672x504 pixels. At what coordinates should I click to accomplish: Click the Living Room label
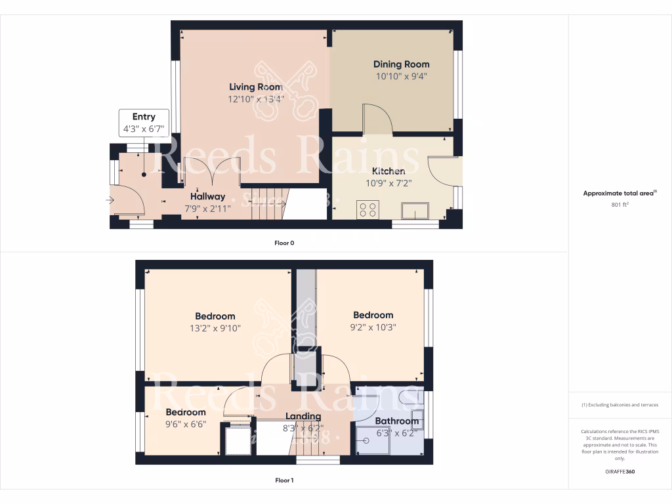[x=255, y=87]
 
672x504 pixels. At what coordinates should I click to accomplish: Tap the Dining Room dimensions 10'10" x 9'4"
[x=401, y=75]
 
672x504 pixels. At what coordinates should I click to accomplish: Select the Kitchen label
[x=388, y=171]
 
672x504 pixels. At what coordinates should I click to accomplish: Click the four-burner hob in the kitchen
[x=367, y=210]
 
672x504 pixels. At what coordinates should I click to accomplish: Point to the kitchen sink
[x=415, y=211]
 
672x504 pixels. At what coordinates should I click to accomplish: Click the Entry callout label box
[x=144, y=123]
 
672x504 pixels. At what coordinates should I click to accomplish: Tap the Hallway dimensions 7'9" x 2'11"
[x=207, y=208]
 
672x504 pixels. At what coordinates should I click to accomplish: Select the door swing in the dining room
[x=378, y=118]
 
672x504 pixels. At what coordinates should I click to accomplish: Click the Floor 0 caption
[x=284, y=243]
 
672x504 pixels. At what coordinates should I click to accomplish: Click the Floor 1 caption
[x=284, y=480]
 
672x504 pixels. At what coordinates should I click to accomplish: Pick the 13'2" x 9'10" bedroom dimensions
[x=215, y=327]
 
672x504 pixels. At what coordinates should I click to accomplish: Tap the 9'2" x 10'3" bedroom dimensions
[x=373, y=327]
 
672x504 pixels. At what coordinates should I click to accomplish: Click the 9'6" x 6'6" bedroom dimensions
[x=185, y=424]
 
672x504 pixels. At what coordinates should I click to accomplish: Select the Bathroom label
[x=396, y=421]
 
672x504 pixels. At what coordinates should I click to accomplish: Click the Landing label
[x=303, y=416]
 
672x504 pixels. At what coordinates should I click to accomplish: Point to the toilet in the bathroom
[x=410, y=397]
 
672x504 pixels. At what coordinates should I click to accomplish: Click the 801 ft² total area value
[x=619, y=205]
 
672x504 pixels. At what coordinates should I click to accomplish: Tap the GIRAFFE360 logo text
[x=619, y=471]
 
